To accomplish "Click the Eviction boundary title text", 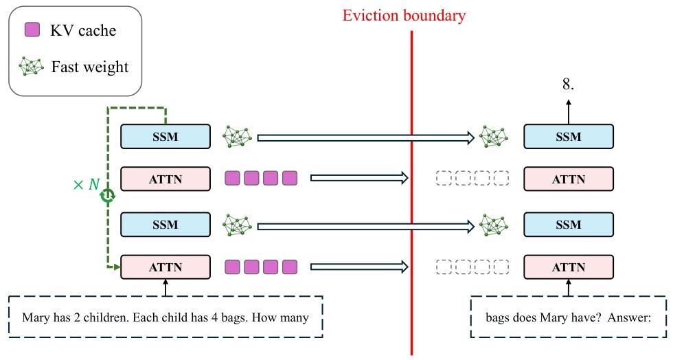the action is (x=404, y=16).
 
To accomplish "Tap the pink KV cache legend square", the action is (x=32, y=30).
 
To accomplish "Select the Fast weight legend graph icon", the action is (x=32, y=67).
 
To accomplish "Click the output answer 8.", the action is (x=569, y=85).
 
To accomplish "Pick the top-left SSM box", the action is (x=166, y=137).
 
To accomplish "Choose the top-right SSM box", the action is (x=569, y=137).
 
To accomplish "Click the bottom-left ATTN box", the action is (x=166, y=267).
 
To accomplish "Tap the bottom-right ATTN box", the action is (x=569, y=267).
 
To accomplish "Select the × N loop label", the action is (x=87, y=185).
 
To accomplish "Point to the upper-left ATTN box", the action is (x=166, y=179).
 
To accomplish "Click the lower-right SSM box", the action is (x=569, y=224).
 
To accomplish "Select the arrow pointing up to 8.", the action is (x=569, y=112).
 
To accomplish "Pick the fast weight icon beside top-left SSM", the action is (x=237, y=137).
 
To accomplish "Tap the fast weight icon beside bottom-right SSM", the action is (x=494, y=225).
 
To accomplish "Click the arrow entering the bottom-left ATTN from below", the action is (x=166, y=287).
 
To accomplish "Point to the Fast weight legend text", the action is (x=90, y=67).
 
